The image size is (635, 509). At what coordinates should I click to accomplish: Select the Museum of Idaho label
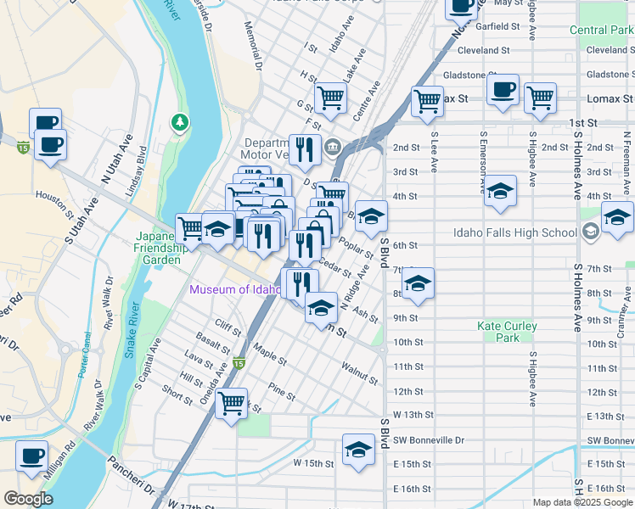click(235, 289)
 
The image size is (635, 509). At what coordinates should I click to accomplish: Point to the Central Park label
click(601, 31)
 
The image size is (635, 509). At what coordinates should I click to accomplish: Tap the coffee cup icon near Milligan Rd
click(32, 456)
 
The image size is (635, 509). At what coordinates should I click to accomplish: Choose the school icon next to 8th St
click(418, 284)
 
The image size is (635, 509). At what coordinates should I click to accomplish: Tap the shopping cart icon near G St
click(330, 97)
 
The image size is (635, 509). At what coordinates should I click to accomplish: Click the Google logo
click(28, 499)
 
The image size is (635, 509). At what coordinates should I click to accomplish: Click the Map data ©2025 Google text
click(582, 502)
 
